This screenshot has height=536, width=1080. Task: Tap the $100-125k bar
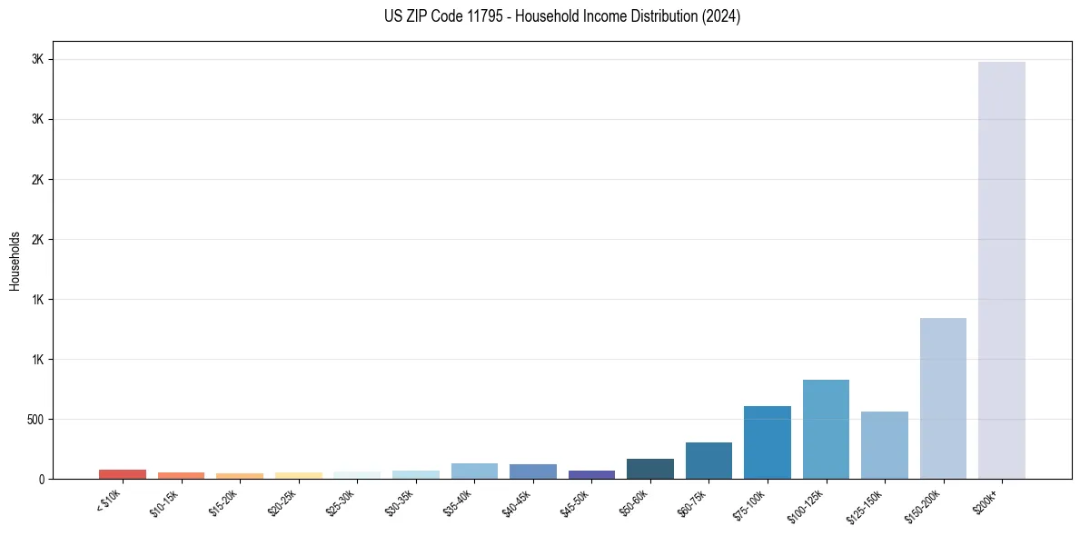(x=826, y=429)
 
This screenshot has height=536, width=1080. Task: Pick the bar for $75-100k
(x=767, y=442)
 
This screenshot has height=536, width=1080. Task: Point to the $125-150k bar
(x=884, y=445)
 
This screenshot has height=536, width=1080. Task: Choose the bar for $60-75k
(x=708, y=461)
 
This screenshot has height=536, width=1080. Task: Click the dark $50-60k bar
(x=649, y=469)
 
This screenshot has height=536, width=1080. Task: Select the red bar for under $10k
(x=123, y=474)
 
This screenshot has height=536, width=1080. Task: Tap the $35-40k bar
(x=474, y=471)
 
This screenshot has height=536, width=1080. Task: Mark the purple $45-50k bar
(x=591, y=474)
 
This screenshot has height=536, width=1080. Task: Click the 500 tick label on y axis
(x=35, y=420)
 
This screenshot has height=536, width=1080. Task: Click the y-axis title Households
(x=15, y=261)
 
